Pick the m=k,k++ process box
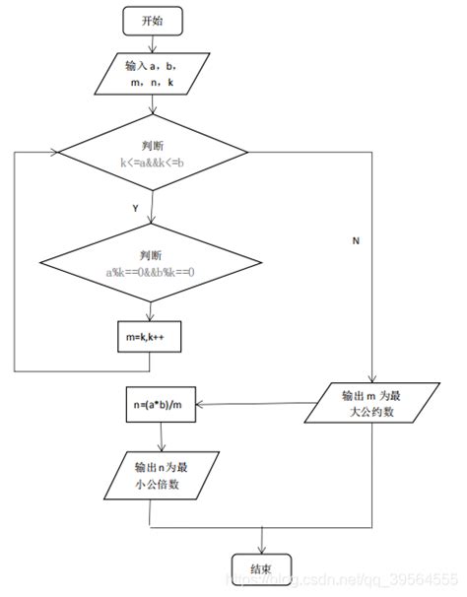(149, 337)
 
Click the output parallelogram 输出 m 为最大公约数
(371, 404)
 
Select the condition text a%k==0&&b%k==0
(149, 270)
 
